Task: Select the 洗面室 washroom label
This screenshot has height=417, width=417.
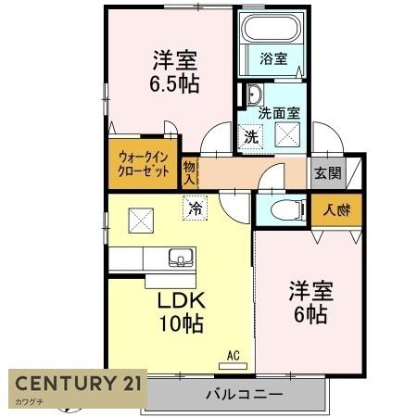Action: coord(277,113)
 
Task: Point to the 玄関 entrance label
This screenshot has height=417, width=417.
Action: coord(326,172)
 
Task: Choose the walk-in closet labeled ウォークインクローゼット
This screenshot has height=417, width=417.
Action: coord(143,165)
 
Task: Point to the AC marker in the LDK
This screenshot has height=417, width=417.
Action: coord(234,354)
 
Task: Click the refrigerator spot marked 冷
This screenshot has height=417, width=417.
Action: coord(195,210)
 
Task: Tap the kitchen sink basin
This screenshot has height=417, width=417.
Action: coord(180,257)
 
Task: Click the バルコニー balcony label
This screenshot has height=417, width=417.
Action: coord(243,396)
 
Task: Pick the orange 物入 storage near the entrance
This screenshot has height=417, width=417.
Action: coord(329,209)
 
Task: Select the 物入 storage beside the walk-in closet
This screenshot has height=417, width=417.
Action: coord(190,172)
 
